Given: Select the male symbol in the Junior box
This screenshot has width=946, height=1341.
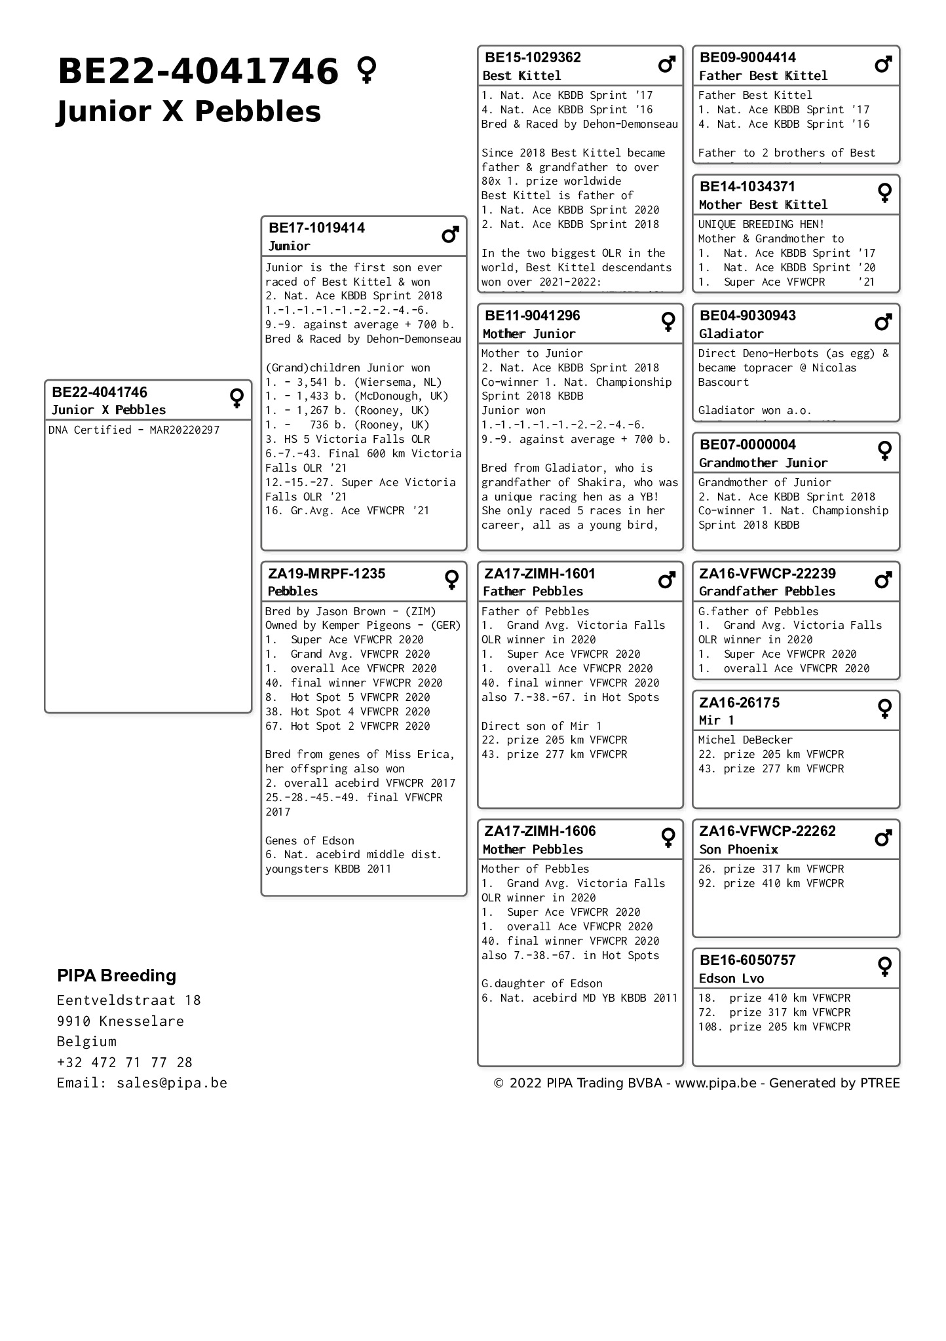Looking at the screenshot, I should (x=450, y=235).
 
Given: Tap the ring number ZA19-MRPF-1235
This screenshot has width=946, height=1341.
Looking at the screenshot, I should (x=326, y=574).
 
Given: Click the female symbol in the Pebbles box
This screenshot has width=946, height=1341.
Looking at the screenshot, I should (x=451, y=579).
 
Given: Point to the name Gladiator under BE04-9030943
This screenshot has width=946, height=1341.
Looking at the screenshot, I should (x=730, y=334).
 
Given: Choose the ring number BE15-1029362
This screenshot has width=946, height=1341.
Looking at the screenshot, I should (x=533, y=58).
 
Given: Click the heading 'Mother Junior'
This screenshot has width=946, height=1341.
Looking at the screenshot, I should (x=529, y=334).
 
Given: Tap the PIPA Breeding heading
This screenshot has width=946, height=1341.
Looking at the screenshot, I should (x=117, y=975).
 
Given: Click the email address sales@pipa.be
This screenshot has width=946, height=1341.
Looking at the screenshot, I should (x=172, y=1083).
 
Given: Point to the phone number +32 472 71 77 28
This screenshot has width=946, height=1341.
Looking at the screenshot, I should (x=124, y=1062).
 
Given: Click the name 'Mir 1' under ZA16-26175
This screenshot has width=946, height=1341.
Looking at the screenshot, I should (x=716, y=721).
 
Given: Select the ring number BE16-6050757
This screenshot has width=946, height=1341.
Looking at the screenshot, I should (x=747, y=960).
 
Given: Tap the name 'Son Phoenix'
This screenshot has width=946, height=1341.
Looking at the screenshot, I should (x=738, y=850).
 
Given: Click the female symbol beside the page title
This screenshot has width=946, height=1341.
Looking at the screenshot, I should (x=367, y=70).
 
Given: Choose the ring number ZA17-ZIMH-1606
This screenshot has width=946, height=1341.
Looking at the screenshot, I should (x=540, y=831).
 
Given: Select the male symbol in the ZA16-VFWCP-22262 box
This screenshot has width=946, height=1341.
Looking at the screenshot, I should (x=883, y=838).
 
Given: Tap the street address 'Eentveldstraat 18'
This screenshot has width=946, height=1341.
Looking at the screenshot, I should (x=128, y=1000).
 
